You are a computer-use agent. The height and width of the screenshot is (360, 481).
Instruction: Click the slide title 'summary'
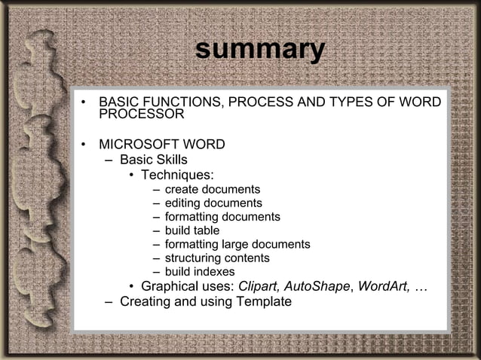point(259,49)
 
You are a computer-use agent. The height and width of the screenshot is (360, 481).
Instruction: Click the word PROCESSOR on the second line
point(142,114)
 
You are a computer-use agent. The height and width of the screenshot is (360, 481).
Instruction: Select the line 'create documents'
point(213,189)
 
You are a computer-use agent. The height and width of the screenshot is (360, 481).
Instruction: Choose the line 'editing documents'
point(213,203)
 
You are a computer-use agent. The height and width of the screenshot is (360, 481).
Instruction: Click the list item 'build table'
point(192,230)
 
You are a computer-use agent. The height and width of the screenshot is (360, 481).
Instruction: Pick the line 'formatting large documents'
point(237,244)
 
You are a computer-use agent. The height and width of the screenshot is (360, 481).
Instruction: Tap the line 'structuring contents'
point(217,258)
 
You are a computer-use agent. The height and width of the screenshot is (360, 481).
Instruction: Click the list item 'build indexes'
point(200,271)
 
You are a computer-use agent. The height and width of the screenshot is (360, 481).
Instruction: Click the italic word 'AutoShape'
point(321,286)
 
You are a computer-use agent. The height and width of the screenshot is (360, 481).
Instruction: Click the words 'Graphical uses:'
point(188,286)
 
